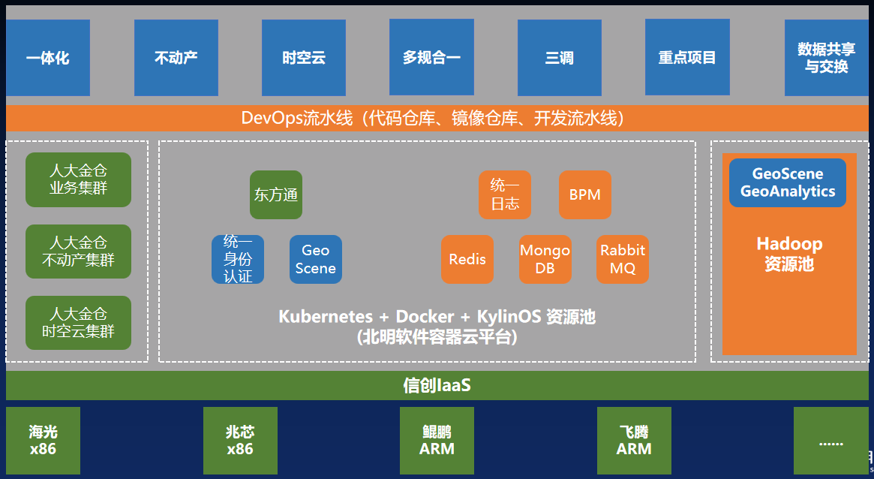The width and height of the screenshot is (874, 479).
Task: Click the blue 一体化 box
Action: (x=47, y=58)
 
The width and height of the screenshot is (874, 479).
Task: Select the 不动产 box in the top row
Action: (x=176, y=58)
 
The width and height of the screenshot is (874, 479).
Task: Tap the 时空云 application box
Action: (x=303, y=58)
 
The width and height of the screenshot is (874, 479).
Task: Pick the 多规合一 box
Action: (x=431, y=58)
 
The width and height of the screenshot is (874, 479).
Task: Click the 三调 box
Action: (x=559, y=58)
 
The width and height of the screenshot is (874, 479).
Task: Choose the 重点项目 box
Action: (x=687, y=58)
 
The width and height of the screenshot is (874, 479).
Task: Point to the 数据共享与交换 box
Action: (x=826, y=58)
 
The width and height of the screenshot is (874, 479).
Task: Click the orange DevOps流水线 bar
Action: (x=437, y=119)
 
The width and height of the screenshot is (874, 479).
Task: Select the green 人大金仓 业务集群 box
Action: (x=78, y=179)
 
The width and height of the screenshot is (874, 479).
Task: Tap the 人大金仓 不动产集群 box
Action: (x=78, y=252)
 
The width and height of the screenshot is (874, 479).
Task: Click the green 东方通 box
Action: (x=276, y=195)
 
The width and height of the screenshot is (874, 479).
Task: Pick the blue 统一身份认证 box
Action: (x=237, y=260)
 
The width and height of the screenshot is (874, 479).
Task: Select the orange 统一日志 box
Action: (x=505, y=195)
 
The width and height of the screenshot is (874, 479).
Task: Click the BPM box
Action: (x=585, y=195)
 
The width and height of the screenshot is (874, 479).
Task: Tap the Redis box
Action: (x=467, y=260)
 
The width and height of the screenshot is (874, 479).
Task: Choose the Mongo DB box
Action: (x=545, y=260)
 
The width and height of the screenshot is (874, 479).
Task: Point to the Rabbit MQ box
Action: (x=623, y=260)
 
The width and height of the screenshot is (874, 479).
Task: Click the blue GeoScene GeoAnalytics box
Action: (x=787, y=183)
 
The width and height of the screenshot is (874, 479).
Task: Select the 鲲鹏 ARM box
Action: (x=437, y=441)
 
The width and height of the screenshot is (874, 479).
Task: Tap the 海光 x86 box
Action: (x=43, y=441)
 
